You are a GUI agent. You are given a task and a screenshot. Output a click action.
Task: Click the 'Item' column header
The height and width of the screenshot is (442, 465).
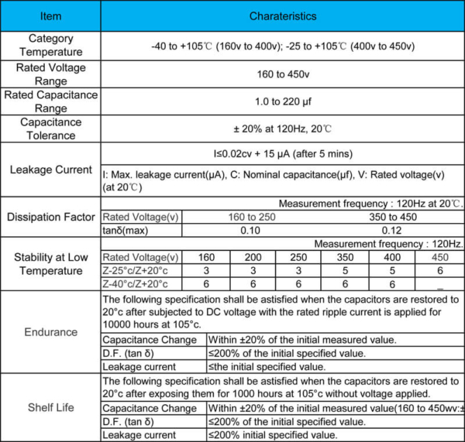pyautogui.click(x=50, y=15)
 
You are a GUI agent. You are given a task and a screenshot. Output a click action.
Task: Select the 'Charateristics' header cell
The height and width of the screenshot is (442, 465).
pyautogui.click(x=282, y=15)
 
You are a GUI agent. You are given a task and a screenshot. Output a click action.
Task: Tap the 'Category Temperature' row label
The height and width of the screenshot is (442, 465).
pyautogui.click(x=50, y=45)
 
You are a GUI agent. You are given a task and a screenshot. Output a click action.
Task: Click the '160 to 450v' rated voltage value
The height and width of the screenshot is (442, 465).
pyautogui.click(x=282, y=74)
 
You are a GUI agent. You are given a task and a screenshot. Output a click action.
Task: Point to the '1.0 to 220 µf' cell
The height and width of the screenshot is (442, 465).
pyautogui.click(x=282, y=102)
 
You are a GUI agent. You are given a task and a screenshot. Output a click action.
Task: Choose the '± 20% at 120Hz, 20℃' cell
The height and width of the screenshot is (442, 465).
pyautogui.click(x=282, y=129)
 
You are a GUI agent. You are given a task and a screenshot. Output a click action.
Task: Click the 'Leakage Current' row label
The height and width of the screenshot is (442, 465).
pyautogui.click(x=50, y=170)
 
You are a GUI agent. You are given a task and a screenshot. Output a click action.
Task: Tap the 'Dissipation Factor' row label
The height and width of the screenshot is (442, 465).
pyautogui.click(x=50, y=218)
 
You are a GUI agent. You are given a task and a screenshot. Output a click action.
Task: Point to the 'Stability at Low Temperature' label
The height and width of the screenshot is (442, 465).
pyautogui.click(x=50, y=264)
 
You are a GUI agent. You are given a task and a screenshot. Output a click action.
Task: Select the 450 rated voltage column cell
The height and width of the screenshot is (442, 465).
pyautogui.click(x=439, y=258)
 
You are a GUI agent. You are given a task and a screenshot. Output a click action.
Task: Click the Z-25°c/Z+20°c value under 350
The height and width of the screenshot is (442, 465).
pyautogui.click(x=345, y=271)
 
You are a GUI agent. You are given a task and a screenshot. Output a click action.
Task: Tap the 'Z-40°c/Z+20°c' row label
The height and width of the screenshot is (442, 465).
pyautogui.click(x=141, y=284)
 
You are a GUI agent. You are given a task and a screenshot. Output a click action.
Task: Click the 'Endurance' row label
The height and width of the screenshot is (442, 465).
pyautogui.click(x=50, y=332)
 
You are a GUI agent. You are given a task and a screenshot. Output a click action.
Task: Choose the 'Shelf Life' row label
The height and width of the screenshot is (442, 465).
pyautogui.click(x=50, y=407)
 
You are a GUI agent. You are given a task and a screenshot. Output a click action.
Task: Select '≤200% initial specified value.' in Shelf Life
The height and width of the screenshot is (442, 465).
pyautogui.click(x=272, y=435)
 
